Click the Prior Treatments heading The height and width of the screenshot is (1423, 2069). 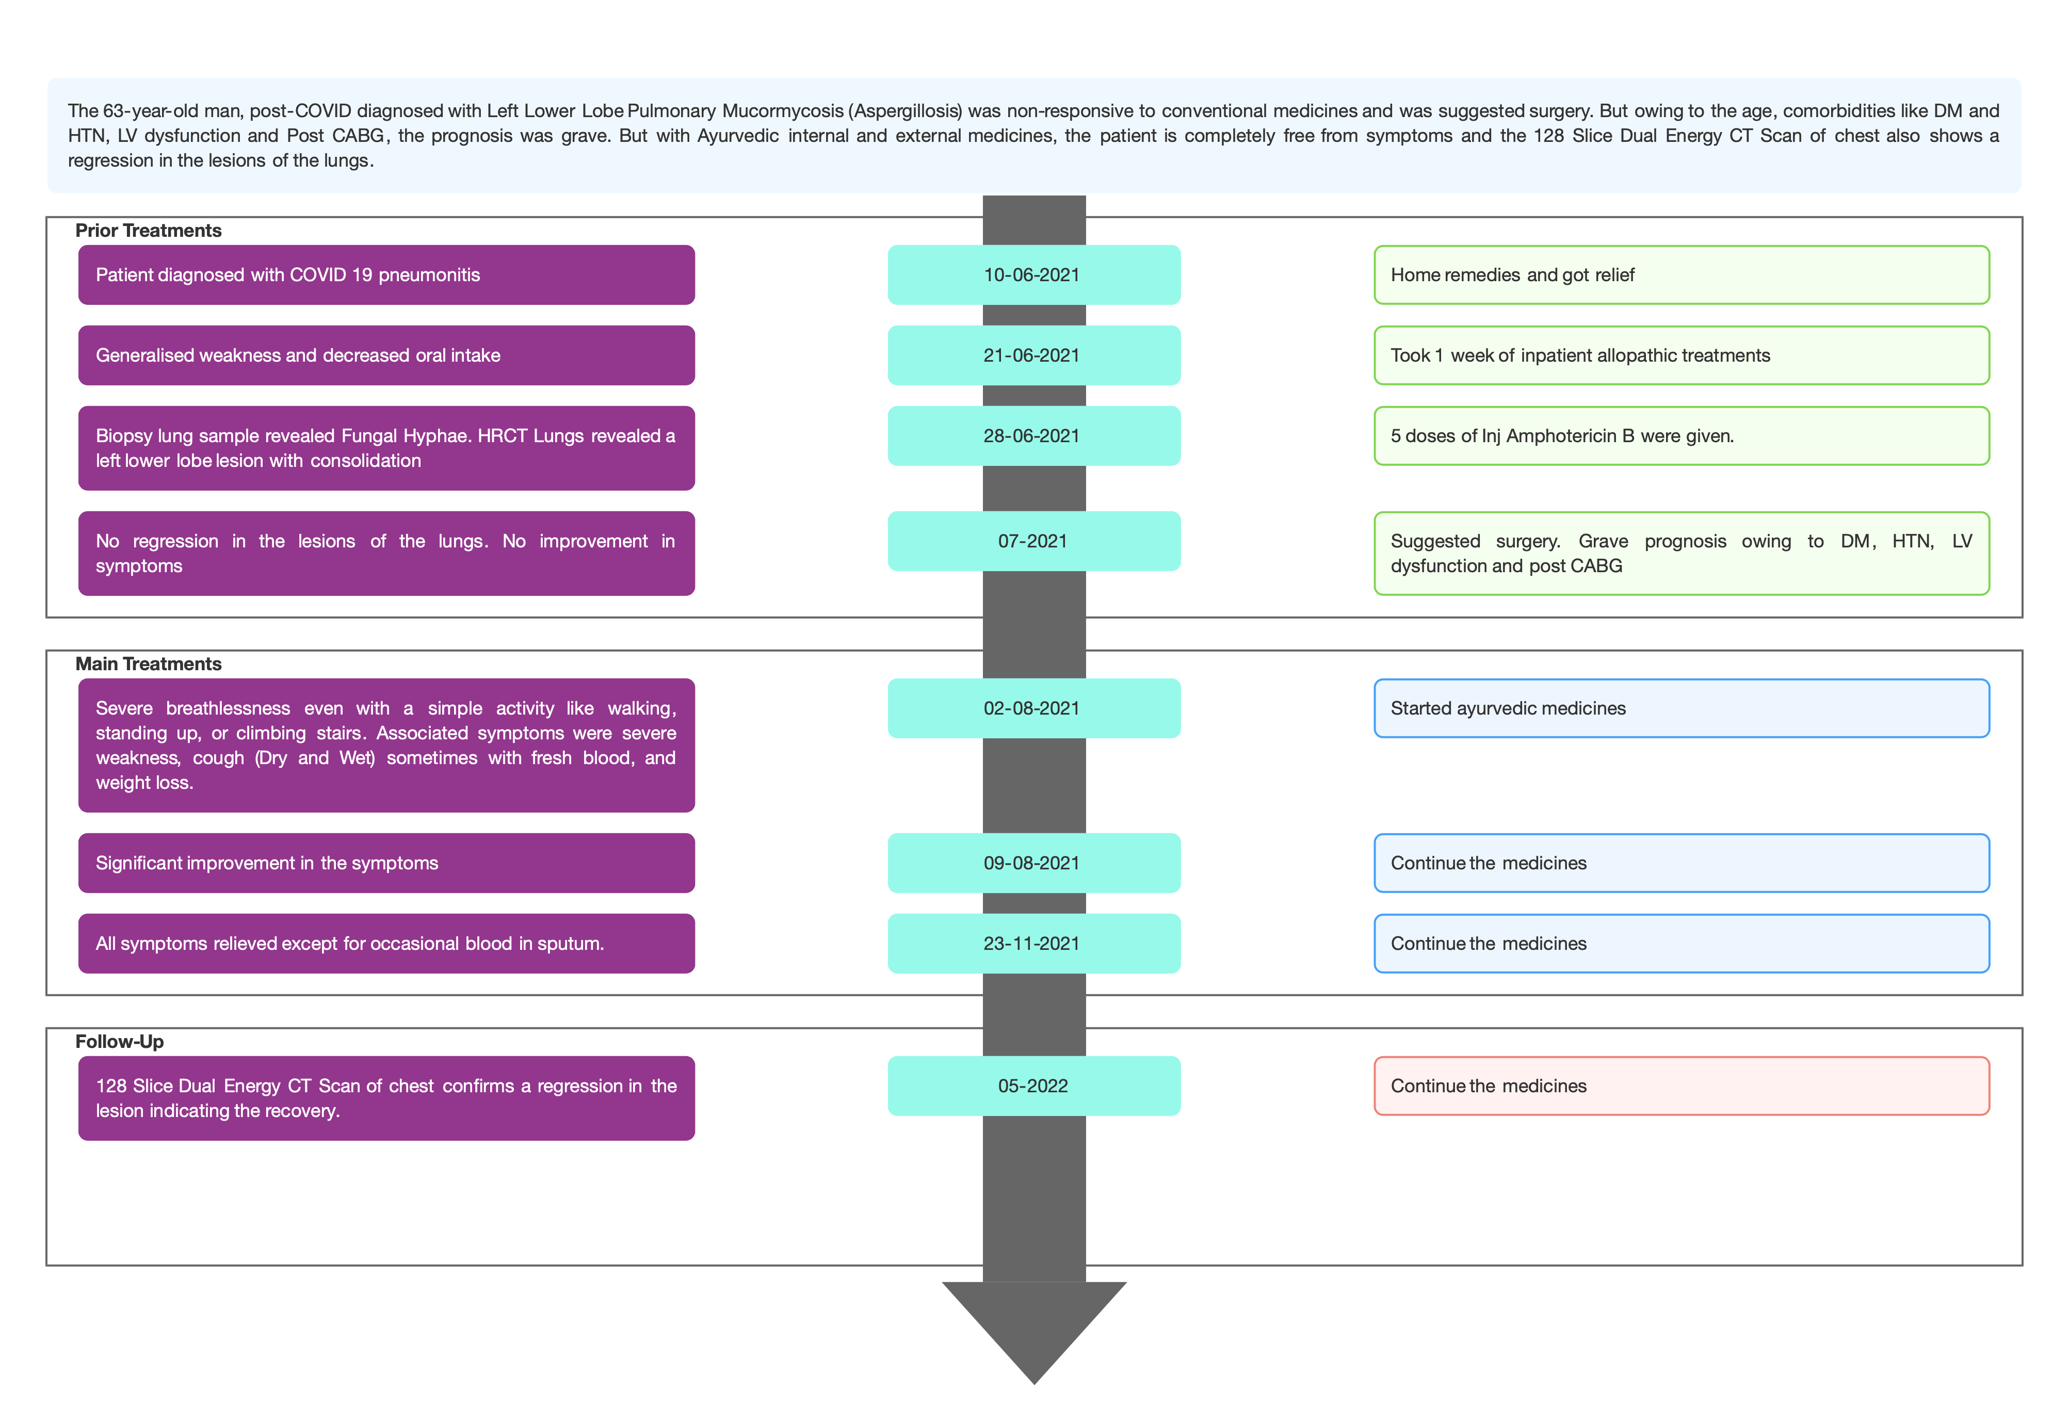click(148, 230)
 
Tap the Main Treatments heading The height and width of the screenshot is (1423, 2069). click(148, 664)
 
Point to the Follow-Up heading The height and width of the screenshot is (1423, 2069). click(120, 1041)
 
